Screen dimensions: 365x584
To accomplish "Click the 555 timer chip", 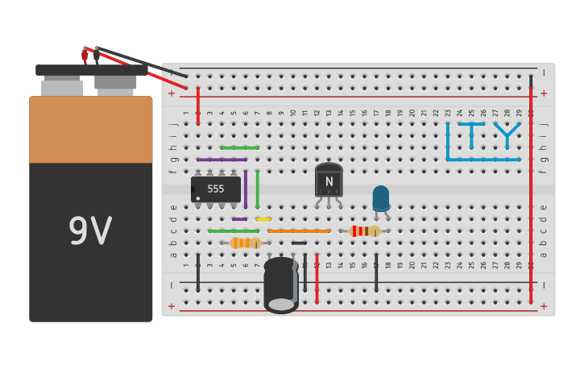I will pos(216,189).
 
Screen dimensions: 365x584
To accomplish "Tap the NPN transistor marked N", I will pos(329,181).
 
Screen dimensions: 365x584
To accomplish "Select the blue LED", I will pos(380,197).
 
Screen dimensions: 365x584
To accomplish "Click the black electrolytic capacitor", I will pos(281,284).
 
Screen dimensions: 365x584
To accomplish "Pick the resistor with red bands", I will pos(365,231).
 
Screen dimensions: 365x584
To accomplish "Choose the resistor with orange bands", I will pos(245,243).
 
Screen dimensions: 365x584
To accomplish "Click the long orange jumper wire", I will pos(299,231).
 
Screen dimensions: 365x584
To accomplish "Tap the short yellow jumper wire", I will pos(263,219).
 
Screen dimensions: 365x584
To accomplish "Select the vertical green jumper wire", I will pos(258,189).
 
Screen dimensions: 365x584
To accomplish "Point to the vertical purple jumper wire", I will pos(246,189).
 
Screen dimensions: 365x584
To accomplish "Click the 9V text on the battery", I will pos(90,231).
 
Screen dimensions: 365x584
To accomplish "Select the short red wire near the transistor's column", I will pos(317,279).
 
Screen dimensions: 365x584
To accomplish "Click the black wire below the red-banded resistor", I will pos(376,272).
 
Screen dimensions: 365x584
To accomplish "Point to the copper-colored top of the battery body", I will pos(90,129).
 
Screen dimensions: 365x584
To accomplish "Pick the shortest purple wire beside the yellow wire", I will pos(240,219).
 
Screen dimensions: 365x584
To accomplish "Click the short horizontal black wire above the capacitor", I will pos(299,243).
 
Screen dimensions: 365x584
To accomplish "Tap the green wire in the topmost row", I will pos(240,147).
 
